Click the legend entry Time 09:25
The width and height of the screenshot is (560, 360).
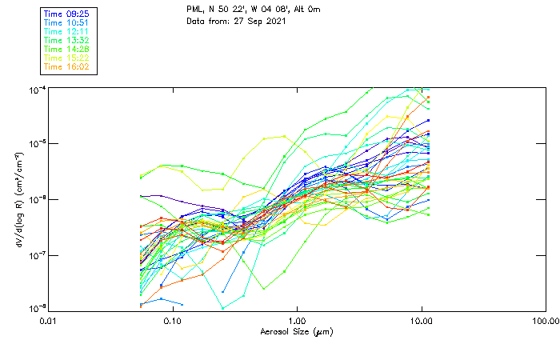click(66, 14)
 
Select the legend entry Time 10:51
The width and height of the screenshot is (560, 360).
click(66, 22)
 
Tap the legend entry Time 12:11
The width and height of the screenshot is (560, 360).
click(66, 31)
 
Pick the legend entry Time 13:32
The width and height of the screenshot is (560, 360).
click(66, 40)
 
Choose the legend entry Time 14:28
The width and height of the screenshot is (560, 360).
click(66, 49)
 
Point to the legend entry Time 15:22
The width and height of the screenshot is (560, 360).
click(66, 58)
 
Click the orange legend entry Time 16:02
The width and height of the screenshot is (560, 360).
click(66, 66)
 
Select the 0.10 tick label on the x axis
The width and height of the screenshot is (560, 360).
click(173, 321)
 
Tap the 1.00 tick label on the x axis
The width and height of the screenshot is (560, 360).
click(298, 321)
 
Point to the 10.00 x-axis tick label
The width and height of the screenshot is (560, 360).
click(421, 321)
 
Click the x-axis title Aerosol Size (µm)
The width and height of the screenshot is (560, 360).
click(297, 331)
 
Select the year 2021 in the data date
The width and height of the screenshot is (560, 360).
click(276, 20)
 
